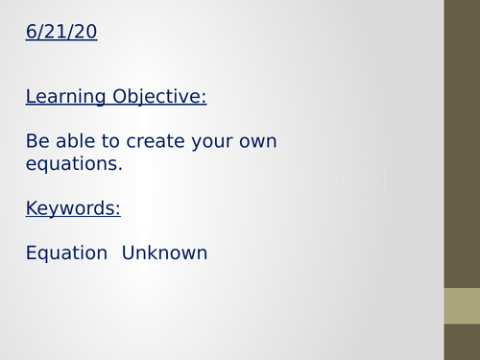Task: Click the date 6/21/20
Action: (61, 33)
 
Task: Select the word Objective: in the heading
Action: (159, 97)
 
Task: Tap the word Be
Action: (37, 141)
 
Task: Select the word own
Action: (260, 142)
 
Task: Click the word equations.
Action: (74, 164)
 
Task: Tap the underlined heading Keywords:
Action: (73, 208)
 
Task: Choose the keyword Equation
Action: (66, 253)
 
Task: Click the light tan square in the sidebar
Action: (462, 305)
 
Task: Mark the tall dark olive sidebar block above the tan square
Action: (462, 144)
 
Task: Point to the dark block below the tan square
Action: (462, 342)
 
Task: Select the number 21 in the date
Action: (54, 33)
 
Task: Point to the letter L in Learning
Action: (31, 97)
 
